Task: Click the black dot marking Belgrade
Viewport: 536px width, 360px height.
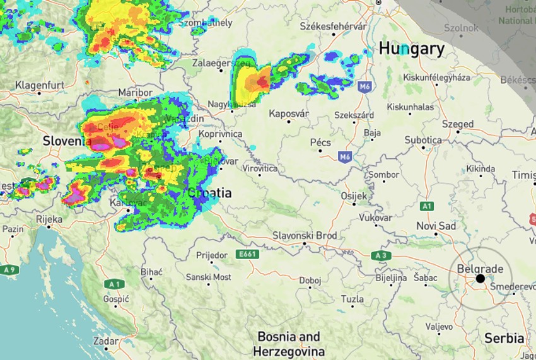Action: click(x=480, y=278)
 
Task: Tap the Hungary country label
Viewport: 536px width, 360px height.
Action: click(x=411, y=49)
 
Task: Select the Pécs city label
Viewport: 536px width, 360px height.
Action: click(x=320, y=142)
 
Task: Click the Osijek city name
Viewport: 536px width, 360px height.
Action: click(x=354, y=197)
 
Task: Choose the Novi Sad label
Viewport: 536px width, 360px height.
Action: click(x=436, y=226)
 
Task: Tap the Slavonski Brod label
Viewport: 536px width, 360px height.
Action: click(x=305, y=236)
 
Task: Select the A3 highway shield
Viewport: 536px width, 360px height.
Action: click(x=380, y=255)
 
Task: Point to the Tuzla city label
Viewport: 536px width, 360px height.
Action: click(x=352, y=299)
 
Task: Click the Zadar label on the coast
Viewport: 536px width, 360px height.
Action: click(x=105, y=341)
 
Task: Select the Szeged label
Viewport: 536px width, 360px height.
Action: click(x=457, y=124)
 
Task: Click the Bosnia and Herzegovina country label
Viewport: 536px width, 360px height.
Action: click(x=289, y=344)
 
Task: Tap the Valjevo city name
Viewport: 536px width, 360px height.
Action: click(x=439, y=327)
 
